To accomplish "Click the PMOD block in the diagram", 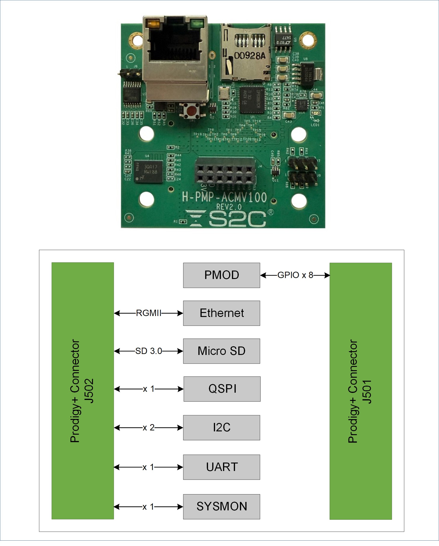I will pos(221,275).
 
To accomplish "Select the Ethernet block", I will pos(221,313).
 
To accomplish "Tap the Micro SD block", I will pos(221,351).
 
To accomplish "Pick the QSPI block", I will pos(222,389).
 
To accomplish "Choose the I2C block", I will pos(221,427).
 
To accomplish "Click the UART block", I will pos(221,467).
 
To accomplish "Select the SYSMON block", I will pos(221,506).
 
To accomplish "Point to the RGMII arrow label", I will pos(148,313).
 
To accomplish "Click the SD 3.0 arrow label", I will pos(148,351).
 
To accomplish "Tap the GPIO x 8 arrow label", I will pos(295,275).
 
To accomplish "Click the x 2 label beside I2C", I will pos(148,427).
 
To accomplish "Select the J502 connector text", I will pos(89,391).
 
